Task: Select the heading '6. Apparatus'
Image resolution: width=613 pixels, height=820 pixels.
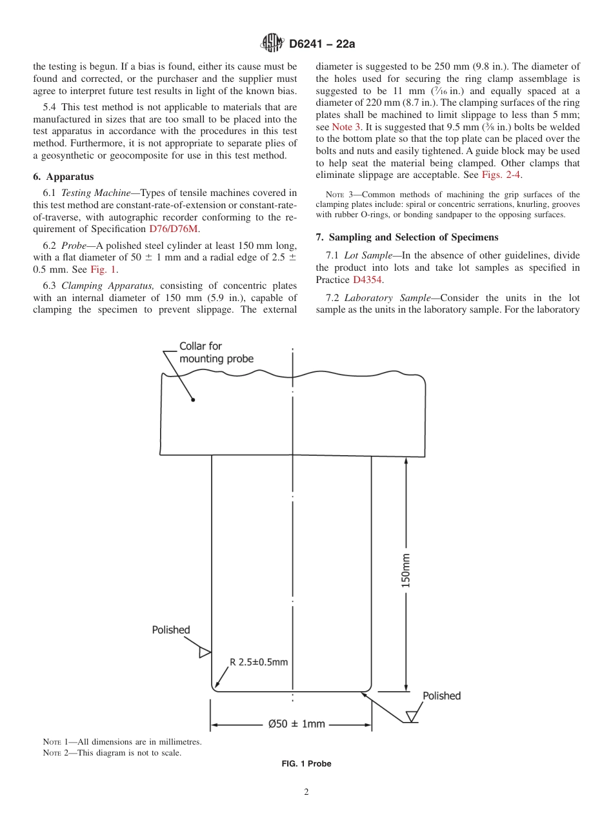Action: [x=63, y=177]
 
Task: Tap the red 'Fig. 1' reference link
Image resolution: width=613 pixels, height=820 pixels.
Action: [x=103, y=270]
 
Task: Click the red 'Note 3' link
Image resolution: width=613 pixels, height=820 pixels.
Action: [x=346, y=127]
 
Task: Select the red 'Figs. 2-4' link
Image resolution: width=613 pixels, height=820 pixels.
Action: [x=501, y=175]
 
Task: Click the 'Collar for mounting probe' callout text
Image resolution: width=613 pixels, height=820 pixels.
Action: [x=216, y=353]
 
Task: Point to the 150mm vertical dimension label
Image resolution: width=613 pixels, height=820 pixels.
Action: [x=406, y=570]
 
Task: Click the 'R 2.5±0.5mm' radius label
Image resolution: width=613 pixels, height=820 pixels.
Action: [x=259, y=662]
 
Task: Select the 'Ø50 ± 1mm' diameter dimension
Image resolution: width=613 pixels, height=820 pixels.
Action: [x=297, y=724]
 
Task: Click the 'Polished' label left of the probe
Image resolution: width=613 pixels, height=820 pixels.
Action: [x=171, y=630]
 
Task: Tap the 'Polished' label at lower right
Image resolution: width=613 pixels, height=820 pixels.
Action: [x=441, y=696]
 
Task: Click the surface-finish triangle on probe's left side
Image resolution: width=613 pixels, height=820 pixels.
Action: [x=205, y=652]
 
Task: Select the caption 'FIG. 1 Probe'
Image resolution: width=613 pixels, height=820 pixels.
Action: [x=306, y=764]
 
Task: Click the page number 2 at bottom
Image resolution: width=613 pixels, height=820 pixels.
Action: [x=306, y=792]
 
